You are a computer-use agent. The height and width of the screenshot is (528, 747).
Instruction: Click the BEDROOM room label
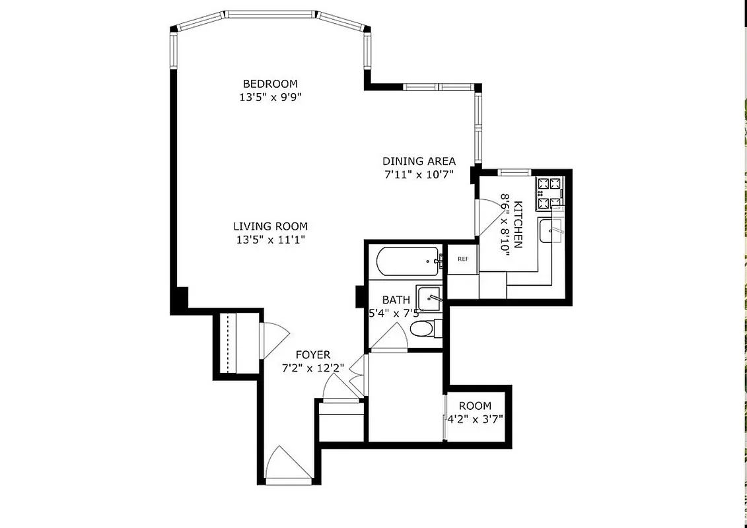point(270,84)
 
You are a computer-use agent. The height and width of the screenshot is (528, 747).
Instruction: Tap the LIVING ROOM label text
point(270,226)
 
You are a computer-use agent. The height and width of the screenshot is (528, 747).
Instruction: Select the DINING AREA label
point(419,161)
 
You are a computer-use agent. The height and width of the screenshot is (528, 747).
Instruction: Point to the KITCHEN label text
point(518,224)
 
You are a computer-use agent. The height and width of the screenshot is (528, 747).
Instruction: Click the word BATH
point(396,300)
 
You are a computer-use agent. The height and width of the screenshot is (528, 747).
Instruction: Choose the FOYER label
point(312,355)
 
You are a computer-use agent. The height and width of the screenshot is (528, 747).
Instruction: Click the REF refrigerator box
point(463,259)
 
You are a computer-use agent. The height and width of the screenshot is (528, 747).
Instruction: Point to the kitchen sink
point(551,232)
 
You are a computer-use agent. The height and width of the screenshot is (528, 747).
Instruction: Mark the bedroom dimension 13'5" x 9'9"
point(270,97)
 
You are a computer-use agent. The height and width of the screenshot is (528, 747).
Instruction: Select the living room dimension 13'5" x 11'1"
point(270,240)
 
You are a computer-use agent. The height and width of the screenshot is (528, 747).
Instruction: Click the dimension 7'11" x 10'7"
point(419,175)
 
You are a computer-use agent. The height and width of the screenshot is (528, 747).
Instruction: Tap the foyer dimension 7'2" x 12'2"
point(312,368)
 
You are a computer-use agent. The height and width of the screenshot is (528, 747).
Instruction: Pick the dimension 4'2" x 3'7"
point(476,418)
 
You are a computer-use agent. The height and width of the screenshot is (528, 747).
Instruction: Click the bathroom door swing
point(387,340)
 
